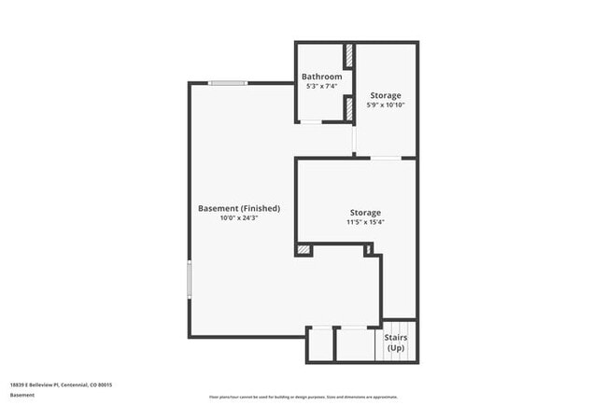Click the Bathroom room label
(320, 76)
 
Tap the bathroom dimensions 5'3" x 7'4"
(321, 86)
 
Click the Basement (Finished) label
(239, 208)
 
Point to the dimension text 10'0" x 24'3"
(239, 218)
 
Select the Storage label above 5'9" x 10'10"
(386, 95)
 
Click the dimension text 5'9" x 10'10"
(386, 105)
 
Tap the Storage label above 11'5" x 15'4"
(365, 213)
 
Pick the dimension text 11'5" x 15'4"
(365, 223)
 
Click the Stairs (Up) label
(395, 342)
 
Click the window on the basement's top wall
(227, 83)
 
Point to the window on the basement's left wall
(190, 279)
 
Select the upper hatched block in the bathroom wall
(348, 56)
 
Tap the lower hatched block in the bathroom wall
(348, 109)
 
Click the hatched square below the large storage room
(303, 249)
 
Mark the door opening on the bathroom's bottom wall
(310, 122)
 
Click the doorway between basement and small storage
(354, 139)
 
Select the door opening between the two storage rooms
(386, 158)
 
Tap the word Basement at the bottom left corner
(22, 395)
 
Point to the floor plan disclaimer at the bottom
(303, 395)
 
